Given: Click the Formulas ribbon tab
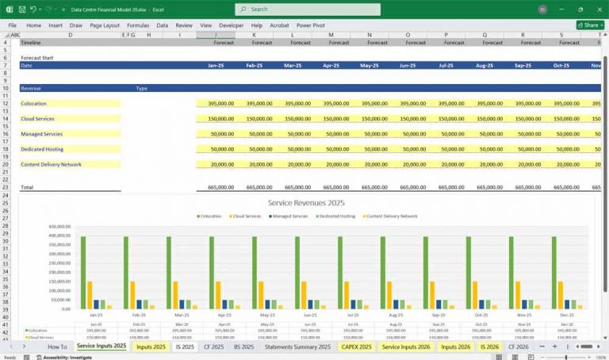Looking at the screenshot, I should coord(138,25).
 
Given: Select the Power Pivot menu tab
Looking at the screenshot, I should coord(310,25).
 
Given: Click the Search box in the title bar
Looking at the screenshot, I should coord(308,10).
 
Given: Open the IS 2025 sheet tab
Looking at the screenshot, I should coord(185,347).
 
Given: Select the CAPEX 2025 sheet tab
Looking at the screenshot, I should coord(355,347).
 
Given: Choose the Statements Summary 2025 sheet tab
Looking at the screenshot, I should coord(297,347).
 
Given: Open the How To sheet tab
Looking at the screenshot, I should coord(57,347).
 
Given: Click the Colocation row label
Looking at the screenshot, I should coord(33,104).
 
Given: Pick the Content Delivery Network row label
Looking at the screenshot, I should coord(51,164).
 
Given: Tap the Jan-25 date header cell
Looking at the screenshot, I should coord(220,66).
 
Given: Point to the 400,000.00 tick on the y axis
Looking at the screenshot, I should coord(59,236).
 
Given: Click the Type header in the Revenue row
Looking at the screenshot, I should coord(141,88).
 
